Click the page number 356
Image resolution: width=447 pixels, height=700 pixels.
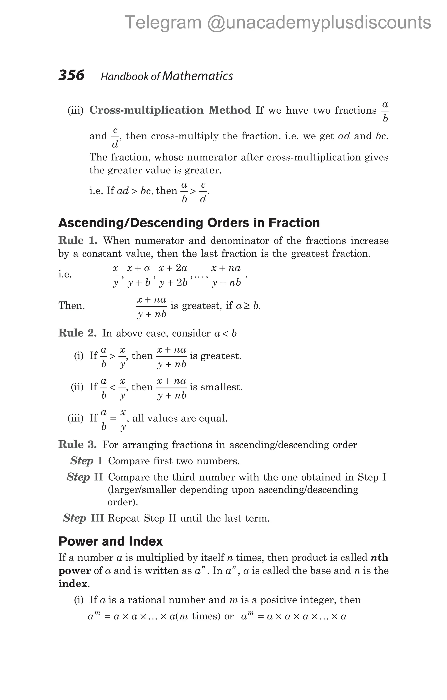pyautogui.click(x=71, y=75)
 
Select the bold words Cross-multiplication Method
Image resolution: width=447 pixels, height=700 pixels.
pyautogui.click(x=170, y=110)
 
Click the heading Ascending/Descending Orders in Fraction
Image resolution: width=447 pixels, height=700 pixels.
pyautogui.click(x=189, y=223)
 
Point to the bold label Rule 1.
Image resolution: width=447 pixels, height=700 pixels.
pyautogui.click(x=77, y=240)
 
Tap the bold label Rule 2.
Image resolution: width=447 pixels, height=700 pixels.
pyautogui.click(x=77, y=333)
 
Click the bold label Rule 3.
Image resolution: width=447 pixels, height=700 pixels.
pyautogui.click(x=77, y=444)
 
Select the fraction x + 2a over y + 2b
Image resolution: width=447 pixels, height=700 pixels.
pyautogui.click(x=173, y=275)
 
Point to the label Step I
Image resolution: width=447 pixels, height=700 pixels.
pyautogui.click(x=86, y=461)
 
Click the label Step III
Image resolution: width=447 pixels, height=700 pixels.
pyautogui.click(x=83, y=518)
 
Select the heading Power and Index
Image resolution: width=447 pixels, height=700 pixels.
pyautogui.click(x=110, y=541)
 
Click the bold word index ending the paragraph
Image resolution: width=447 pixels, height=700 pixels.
pyautogui.click(x=73, y=583)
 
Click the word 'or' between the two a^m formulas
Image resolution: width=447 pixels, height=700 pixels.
pyautogui.click(x=229, y=616)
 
